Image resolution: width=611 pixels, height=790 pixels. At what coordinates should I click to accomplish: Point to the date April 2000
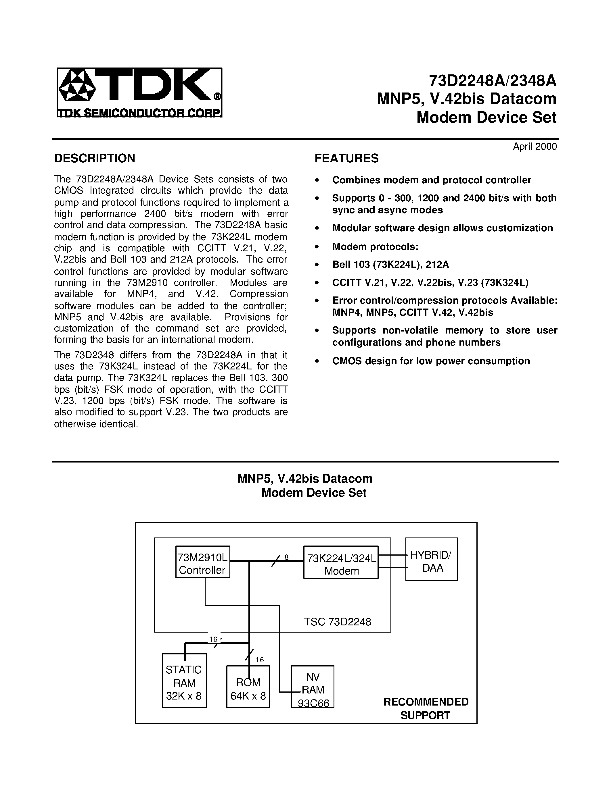coord(535,147)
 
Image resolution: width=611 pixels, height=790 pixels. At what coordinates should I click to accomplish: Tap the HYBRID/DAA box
coord(431,562)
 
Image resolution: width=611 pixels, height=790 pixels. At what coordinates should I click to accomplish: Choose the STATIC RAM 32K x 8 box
coord(184,683)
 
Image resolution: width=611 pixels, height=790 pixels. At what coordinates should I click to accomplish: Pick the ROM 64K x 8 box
coord(248,689)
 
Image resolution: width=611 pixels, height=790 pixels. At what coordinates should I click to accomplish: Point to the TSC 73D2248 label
coord(337,621)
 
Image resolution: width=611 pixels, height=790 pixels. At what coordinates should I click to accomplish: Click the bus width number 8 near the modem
coord(286,557)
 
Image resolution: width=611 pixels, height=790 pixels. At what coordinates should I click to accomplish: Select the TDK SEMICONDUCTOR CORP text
coord(140,113)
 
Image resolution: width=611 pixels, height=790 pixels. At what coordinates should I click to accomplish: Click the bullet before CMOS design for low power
coord(317,361)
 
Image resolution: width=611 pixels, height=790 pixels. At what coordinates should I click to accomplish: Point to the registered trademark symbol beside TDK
coord(217,97)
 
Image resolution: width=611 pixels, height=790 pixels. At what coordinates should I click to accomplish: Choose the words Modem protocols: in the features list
coord(375,247)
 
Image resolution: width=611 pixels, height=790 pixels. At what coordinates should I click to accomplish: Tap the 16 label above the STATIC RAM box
coord(213,639)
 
